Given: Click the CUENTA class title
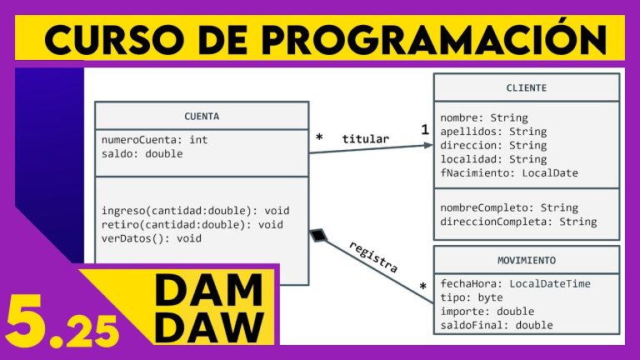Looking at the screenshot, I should click(x=202, y=116).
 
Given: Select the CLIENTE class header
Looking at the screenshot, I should click(x=527, y=87).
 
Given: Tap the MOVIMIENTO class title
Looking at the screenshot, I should click(x=526, y=260).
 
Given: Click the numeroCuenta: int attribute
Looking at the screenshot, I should click(x=154, y=140).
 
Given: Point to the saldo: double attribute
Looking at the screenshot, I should click(x=142, y=153).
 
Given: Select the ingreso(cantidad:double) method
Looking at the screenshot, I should click(x=196, y=210).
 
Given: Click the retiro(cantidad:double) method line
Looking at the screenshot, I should click(x=192, y=224).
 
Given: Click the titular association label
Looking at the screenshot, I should click(x=364, y=138).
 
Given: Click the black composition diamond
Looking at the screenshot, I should click(x=317, y=236).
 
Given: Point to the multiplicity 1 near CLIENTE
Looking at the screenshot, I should click(x=424, y=130).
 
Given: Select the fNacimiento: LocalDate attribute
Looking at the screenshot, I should click(x=509, y=173).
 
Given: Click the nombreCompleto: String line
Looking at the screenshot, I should click(x=509, y=207).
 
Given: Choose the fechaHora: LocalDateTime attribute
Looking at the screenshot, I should click(x=515, y=283).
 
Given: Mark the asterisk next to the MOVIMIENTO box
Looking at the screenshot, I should click(x=423, y=288).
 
